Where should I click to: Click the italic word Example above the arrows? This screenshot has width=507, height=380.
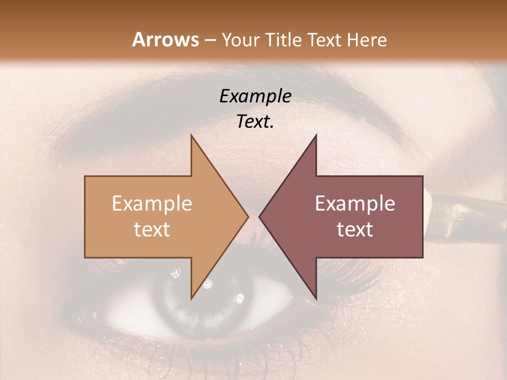tap(255, 96)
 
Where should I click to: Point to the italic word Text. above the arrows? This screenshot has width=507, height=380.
tap(255, 121)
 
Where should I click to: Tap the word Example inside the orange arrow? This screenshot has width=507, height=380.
tap(152, 204)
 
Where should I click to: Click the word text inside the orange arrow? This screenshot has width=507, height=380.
tap(152, 230)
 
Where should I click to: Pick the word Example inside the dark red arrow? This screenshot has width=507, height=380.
tap(355, 204)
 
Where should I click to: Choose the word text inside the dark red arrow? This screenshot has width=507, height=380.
tap(355, 230)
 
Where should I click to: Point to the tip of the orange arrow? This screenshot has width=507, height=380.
tap(247, 216)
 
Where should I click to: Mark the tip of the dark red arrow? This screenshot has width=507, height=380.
tap(260, 216)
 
